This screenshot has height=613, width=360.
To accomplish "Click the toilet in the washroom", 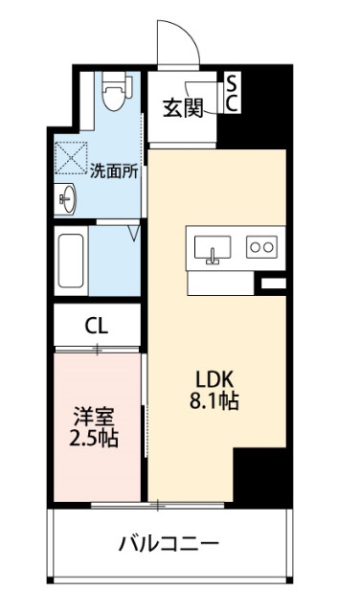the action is (x=117, y=91).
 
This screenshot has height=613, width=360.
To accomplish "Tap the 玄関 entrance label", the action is (x=183, y=108).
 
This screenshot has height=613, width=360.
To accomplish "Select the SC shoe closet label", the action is (x=232, y=93).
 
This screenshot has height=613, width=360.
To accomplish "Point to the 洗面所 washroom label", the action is (x=114, y=171).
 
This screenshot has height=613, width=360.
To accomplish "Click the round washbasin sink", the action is (x=68, y=199).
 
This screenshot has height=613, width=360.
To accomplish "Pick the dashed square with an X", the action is (x=71, y=158).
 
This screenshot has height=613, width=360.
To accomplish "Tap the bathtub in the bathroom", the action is (x=71, y=261).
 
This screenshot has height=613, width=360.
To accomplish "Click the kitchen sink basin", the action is (x=212, y=247).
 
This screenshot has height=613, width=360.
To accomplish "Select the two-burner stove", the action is (x=261, y=247).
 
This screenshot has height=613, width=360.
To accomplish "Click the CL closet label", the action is (x=97, y=326).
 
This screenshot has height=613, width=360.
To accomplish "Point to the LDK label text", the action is (x=214, y=379).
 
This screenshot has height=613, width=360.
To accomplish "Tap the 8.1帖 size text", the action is (x=214, y=400).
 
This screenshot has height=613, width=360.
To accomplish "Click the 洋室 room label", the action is (x=94, y=419).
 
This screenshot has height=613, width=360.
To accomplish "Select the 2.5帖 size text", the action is (x=94, y=439).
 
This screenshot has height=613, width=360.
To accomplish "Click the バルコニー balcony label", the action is (x=169, y=544).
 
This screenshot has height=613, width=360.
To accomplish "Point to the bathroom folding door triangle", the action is (x=134, y=234).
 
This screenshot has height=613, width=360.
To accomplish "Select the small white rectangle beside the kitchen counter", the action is (x=273, y=284).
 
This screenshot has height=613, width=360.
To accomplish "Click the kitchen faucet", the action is (x=213, y=257).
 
